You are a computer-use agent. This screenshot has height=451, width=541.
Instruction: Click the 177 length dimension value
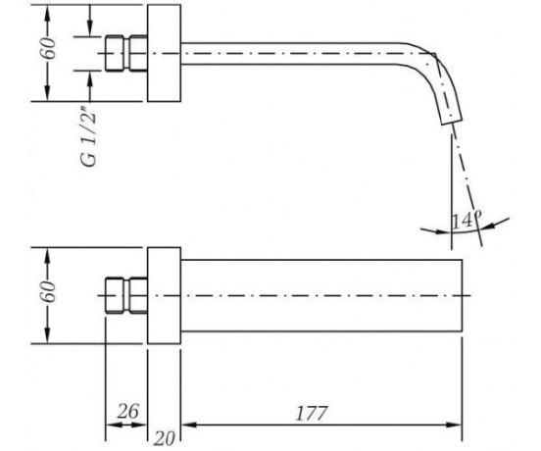tap(312, 413)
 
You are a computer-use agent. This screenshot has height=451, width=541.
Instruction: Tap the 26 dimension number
tap(128, 411)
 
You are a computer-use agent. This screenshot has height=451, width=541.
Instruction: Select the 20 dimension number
tap(165, 438)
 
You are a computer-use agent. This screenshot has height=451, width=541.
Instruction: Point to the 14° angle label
tap(466, 220)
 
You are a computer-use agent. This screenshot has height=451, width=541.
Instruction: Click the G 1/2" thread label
tap(89, 138)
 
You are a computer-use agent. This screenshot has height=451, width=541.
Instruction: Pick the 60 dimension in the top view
tap(48, 48)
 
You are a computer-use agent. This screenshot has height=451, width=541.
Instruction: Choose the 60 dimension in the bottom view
tap(48, 291)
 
